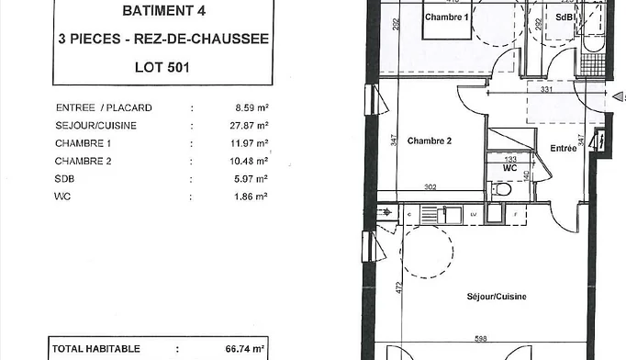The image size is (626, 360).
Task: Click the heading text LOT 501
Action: coord(162,67)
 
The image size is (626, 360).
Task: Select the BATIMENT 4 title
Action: coord(164,11)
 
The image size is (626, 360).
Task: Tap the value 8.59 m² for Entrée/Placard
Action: coord(252,107)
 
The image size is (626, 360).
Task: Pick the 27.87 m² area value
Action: coord(249,126)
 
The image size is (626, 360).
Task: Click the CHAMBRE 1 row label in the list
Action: coord(83,143)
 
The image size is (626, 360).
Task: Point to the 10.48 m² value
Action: coord(249,161)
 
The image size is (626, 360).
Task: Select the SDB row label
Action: coord(64,178)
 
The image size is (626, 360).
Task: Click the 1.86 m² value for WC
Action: coord(251,197)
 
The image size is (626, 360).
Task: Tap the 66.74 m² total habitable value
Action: coord(245,349)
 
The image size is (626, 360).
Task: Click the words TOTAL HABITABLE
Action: coord(96,349)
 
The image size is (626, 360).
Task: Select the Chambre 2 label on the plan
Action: coord(430,141)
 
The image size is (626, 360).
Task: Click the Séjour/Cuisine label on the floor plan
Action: coord(497,297)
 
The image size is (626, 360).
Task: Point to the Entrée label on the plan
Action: coord(564,148)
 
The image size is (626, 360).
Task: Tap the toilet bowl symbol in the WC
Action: coord(502,189)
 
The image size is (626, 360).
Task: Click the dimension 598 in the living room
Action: coord(481,339)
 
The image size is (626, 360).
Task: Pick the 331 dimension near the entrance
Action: coord(546,89)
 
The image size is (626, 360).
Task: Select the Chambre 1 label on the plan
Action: coord(446,17)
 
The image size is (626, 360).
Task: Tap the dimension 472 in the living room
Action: coord(399,288)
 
